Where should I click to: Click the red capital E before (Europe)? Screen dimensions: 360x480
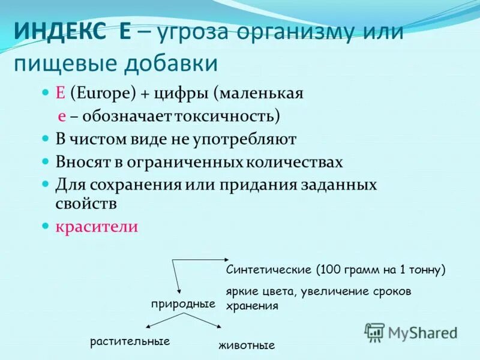tap(60, 94)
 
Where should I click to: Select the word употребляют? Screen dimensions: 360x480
tap(247, 140)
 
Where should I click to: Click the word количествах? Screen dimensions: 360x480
tap(295, 163)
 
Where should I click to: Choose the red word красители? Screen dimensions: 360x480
tap(97, 227)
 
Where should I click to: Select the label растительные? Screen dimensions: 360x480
tap(130, 341)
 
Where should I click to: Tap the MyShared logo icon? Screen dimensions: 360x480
tap(375, 332)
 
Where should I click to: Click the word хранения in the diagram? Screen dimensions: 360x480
tap(252, 306)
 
